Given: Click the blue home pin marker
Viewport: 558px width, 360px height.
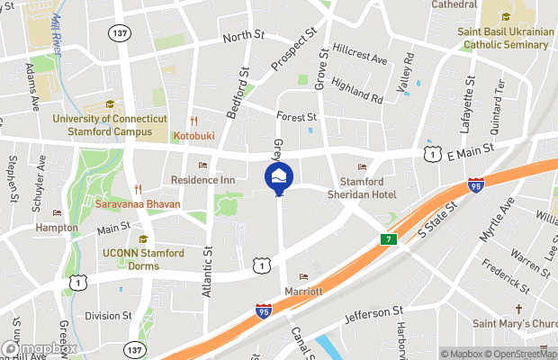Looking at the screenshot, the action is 279,177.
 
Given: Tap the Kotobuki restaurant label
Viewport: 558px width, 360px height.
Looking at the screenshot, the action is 194,136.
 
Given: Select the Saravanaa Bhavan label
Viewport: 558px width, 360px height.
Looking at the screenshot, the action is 138,203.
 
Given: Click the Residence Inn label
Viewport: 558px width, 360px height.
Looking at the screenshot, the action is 203,180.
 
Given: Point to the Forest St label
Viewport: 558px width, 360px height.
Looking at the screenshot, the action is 297,117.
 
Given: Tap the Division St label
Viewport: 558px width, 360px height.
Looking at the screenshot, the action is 108,316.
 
